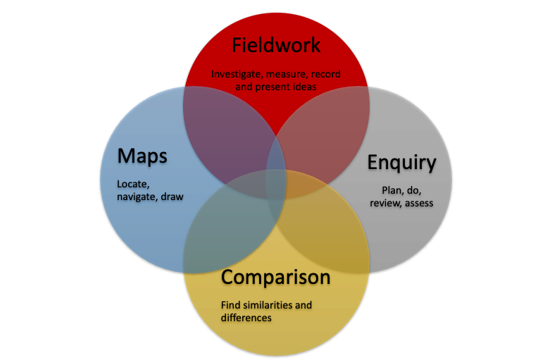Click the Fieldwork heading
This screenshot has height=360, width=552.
click(x=276, y=46)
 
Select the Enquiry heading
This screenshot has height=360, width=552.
click(x=402, y=163)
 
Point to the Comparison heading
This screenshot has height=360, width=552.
click(x=275, y=277)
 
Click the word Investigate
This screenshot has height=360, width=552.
click(x=236, y=73)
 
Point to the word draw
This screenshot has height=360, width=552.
click(x=172, y=197)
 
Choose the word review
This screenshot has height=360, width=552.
click(x=384, y=203)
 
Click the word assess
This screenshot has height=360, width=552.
click(x=418, y=203)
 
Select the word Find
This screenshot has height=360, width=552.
click(x=231, y=305)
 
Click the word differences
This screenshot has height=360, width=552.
click(x=246, y=318)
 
